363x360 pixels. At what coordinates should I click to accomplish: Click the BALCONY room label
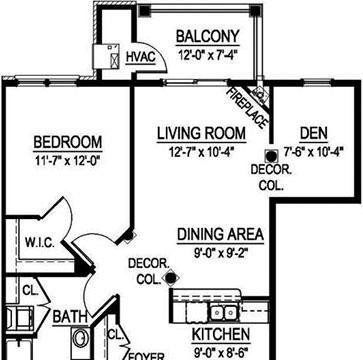[208, 36]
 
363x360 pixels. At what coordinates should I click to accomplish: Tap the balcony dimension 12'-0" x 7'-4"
[208, 54]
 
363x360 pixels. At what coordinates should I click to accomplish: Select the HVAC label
[141, 57]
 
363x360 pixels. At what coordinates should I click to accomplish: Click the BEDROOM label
[68, 142]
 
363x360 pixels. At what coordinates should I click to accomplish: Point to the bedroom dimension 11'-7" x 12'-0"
[68, 161]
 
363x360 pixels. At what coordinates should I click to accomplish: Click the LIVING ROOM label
[201, 133]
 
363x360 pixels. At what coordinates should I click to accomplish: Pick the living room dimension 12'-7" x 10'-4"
[201, 152]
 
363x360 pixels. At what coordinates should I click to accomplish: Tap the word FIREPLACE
[248, 109]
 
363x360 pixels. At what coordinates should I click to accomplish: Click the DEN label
[314, 133]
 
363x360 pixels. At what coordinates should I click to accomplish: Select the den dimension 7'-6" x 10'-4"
[314, 152]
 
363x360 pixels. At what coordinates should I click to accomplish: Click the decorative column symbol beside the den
[272, 156]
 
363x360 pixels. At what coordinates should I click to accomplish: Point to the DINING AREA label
[220, 234]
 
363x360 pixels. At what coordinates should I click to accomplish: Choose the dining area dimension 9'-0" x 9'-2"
[220, 254]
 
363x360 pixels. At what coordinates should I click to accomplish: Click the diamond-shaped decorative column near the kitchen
[171, 278]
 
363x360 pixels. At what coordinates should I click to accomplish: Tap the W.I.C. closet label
[40, 243]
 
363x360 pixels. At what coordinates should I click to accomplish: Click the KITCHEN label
[221, 334]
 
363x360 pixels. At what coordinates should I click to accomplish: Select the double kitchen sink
[223, 313]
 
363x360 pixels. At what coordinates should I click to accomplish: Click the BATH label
[70, 317]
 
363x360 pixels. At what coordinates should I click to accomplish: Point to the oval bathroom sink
[80, 338]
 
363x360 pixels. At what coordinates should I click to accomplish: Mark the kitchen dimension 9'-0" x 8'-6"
[221, 352]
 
